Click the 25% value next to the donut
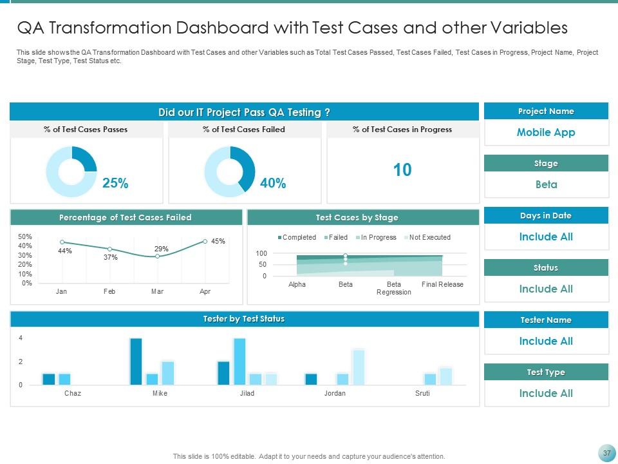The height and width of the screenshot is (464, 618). click(115, 184)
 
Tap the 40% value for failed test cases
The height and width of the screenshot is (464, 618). click(273, 184)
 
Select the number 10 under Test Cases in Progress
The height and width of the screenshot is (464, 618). click(402, 170)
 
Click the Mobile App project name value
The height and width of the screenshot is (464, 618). click(546, 133)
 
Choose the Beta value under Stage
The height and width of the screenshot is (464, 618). click(546, 185)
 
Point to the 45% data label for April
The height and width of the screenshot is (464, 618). click(218, 242)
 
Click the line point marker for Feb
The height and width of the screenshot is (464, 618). click(109, 249)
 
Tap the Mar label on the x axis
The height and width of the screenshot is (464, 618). click(157, 292)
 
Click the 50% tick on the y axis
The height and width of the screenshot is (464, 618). click(25, 237)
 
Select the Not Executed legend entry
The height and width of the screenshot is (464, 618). click(429, 238)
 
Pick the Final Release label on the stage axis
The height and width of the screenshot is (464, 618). click(442, 285)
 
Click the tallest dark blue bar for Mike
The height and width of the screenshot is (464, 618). click(136, 362)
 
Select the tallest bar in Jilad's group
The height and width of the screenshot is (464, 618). click(239, 362)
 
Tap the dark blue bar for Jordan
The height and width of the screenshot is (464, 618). click(311, 379)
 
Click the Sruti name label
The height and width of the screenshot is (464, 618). click(422, 393)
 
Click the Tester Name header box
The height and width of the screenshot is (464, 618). click(546, 320)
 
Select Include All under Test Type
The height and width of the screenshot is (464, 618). click(546, 394)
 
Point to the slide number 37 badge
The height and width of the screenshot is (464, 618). click(606, 454)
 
